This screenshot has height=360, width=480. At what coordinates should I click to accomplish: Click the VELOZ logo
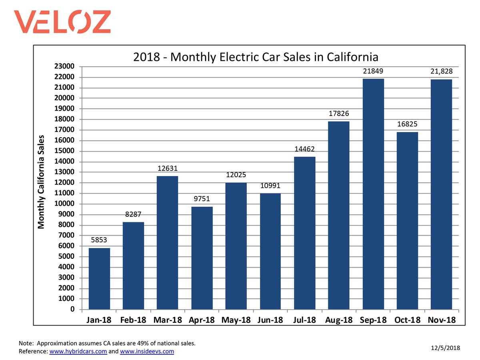click(62, 22)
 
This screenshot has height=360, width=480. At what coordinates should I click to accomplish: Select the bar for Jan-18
click(99, 278)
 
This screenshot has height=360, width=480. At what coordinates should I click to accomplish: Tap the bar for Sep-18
click(373, 194)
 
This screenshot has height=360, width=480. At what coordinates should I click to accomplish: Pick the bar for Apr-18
click(202, 258)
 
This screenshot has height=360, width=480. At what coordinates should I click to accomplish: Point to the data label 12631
click(168, 169)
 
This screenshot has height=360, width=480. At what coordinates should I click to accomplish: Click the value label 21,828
click(442, 71)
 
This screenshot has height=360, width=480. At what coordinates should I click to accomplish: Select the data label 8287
click(133, 215)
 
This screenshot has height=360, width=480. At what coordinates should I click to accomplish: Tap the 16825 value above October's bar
click(408, 124)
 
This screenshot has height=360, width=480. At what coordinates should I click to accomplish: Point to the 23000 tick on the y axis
click(64, 66)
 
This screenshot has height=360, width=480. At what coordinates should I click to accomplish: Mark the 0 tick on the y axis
click(72, 310)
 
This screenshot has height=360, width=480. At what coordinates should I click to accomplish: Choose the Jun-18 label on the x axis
click(270, 320)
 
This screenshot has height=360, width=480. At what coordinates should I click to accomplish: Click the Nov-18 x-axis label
click(442, 320)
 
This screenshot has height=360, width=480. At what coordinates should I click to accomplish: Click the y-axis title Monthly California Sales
click(41, 182)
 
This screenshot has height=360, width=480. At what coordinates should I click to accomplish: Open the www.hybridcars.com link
click(78, 352)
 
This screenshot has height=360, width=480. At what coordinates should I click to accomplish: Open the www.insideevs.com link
click(147, 352)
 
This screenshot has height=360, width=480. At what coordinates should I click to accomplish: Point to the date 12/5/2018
click(445, 348)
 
